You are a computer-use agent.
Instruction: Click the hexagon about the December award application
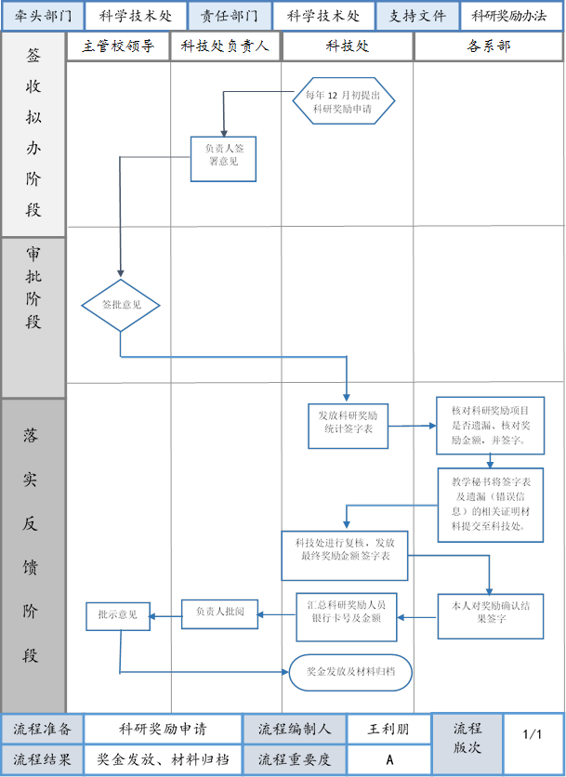pyautogui.click(x=344, y=101)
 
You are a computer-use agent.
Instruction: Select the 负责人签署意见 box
pyautogui.click(x=223, y=159)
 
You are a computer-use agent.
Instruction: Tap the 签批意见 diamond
pyautogui.click(x=121, y=305)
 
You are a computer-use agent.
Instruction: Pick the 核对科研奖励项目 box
pyautogui.click(x=491, y=425)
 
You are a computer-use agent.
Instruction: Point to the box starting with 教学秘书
pyautogui.click(x=490, y=505)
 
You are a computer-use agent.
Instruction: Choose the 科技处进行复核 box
pyautogui.click(x=345, y=555)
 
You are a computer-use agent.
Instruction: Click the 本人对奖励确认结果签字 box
pyautogui.click(x=491, y=615)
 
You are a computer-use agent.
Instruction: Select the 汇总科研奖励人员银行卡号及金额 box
pyautogui.click(x=347, y=616)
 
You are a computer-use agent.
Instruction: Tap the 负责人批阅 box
pyautogui.click(x=219, y=613)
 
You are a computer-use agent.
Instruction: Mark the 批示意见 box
pyautogui.click(x=118, y=615)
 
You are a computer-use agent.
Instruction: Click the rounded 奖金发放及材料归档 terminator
pyautogui.click(x=349, y=671)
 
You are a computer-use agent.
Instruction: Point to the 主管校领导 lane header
pyautogui.click(x=118, y=46)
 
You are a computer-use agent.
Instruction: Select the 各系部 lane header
pyautogui.click(x=489, y=46)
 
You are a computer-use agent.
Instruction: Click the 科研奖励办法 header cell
pyautogui.click(x=510, y=16)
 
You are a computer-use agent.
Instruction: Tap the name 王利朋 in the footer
pyautogui.click(x=388, y=730)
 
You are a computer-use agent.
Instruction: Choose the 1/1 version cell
pyautogui.click(x=533, y=734)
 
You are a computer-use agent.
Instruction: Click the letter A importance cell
pyautogui.click(x=388, y=759)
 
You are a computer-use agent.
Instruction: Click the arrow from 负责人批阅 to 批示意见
pyautogui.click(x=165, y=614)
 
